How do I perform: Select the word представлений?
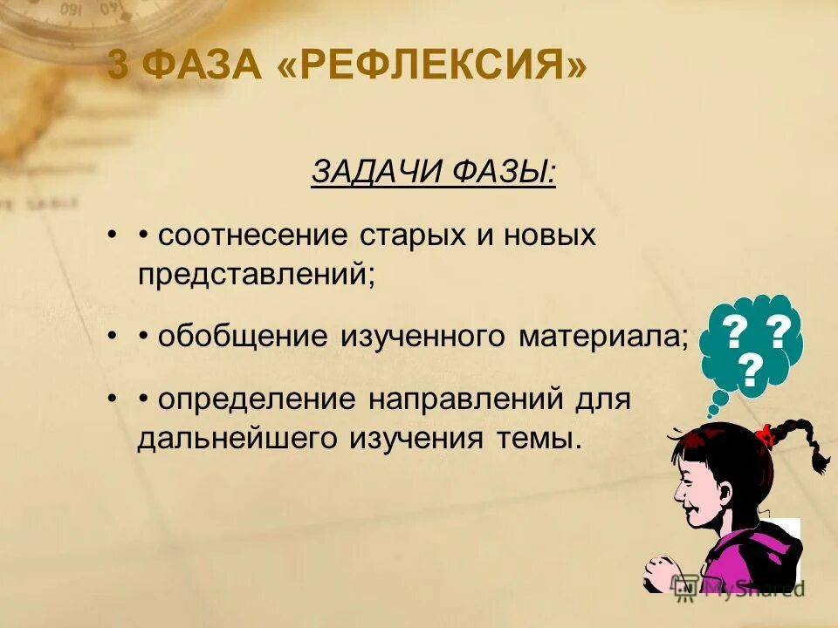point(257,275)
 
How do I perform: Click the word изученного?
point(424,337)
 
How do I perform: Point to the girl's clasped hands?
point(663,571)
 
